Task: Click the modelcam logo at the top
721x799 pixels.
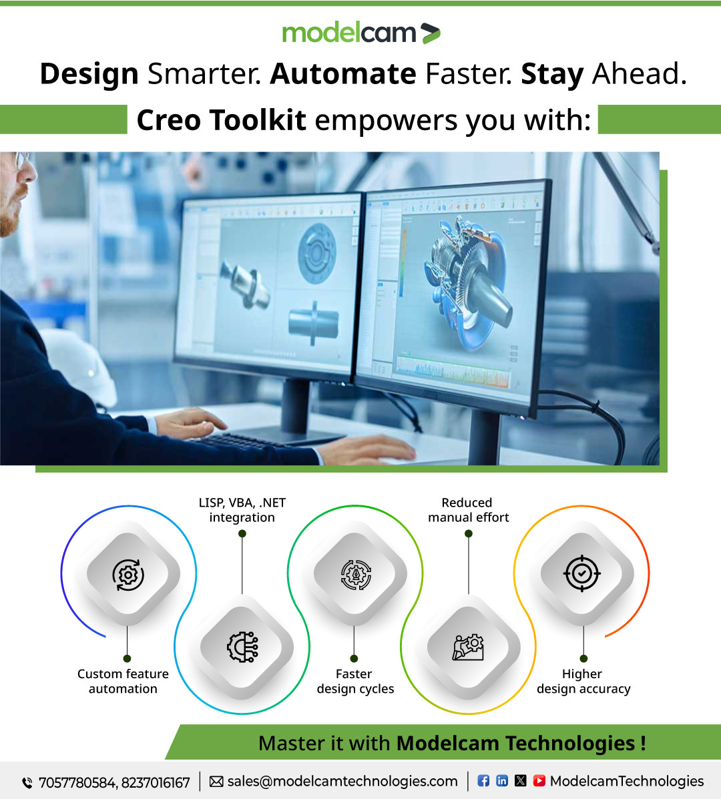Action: [360, 33]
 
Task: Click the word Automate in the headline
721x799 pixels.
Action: [343, 73]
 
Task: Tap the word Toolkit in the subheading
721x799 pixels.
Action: [258, 120]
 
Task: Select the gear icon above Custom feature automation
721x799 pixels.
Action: [128, 574]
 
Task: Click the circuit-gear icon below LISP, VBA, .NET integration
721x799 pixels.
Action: [242, 647]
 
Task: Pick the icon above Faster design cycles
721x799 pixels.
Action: [355, 574]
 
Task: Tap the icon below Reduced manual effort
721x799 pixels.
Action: [469, 646]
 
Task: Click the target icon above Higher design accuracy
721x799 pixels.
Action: [581, 573]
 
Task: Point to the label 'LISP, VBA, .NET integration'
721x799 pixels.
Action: [242, 510]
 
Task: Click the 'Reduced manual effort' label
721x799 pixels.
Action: [468, 510]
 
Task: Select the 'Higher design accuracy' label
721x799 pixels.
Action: [583, 682]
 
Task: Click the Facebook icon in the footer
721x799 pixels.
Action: [483, 780]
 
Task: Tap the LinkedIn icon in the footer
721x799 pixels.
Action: [502, 780]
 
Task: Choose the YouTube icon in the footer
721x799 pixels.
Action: [539, 780]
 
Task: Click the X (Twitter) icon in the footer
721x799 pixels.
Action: [521, 780]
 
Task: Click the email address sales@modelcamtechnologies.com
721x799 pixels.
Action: [342, 781]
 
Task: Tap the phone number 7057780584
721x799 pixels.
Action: [77, 782]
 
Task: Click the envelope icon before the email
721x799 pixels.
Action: [216, 781]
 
